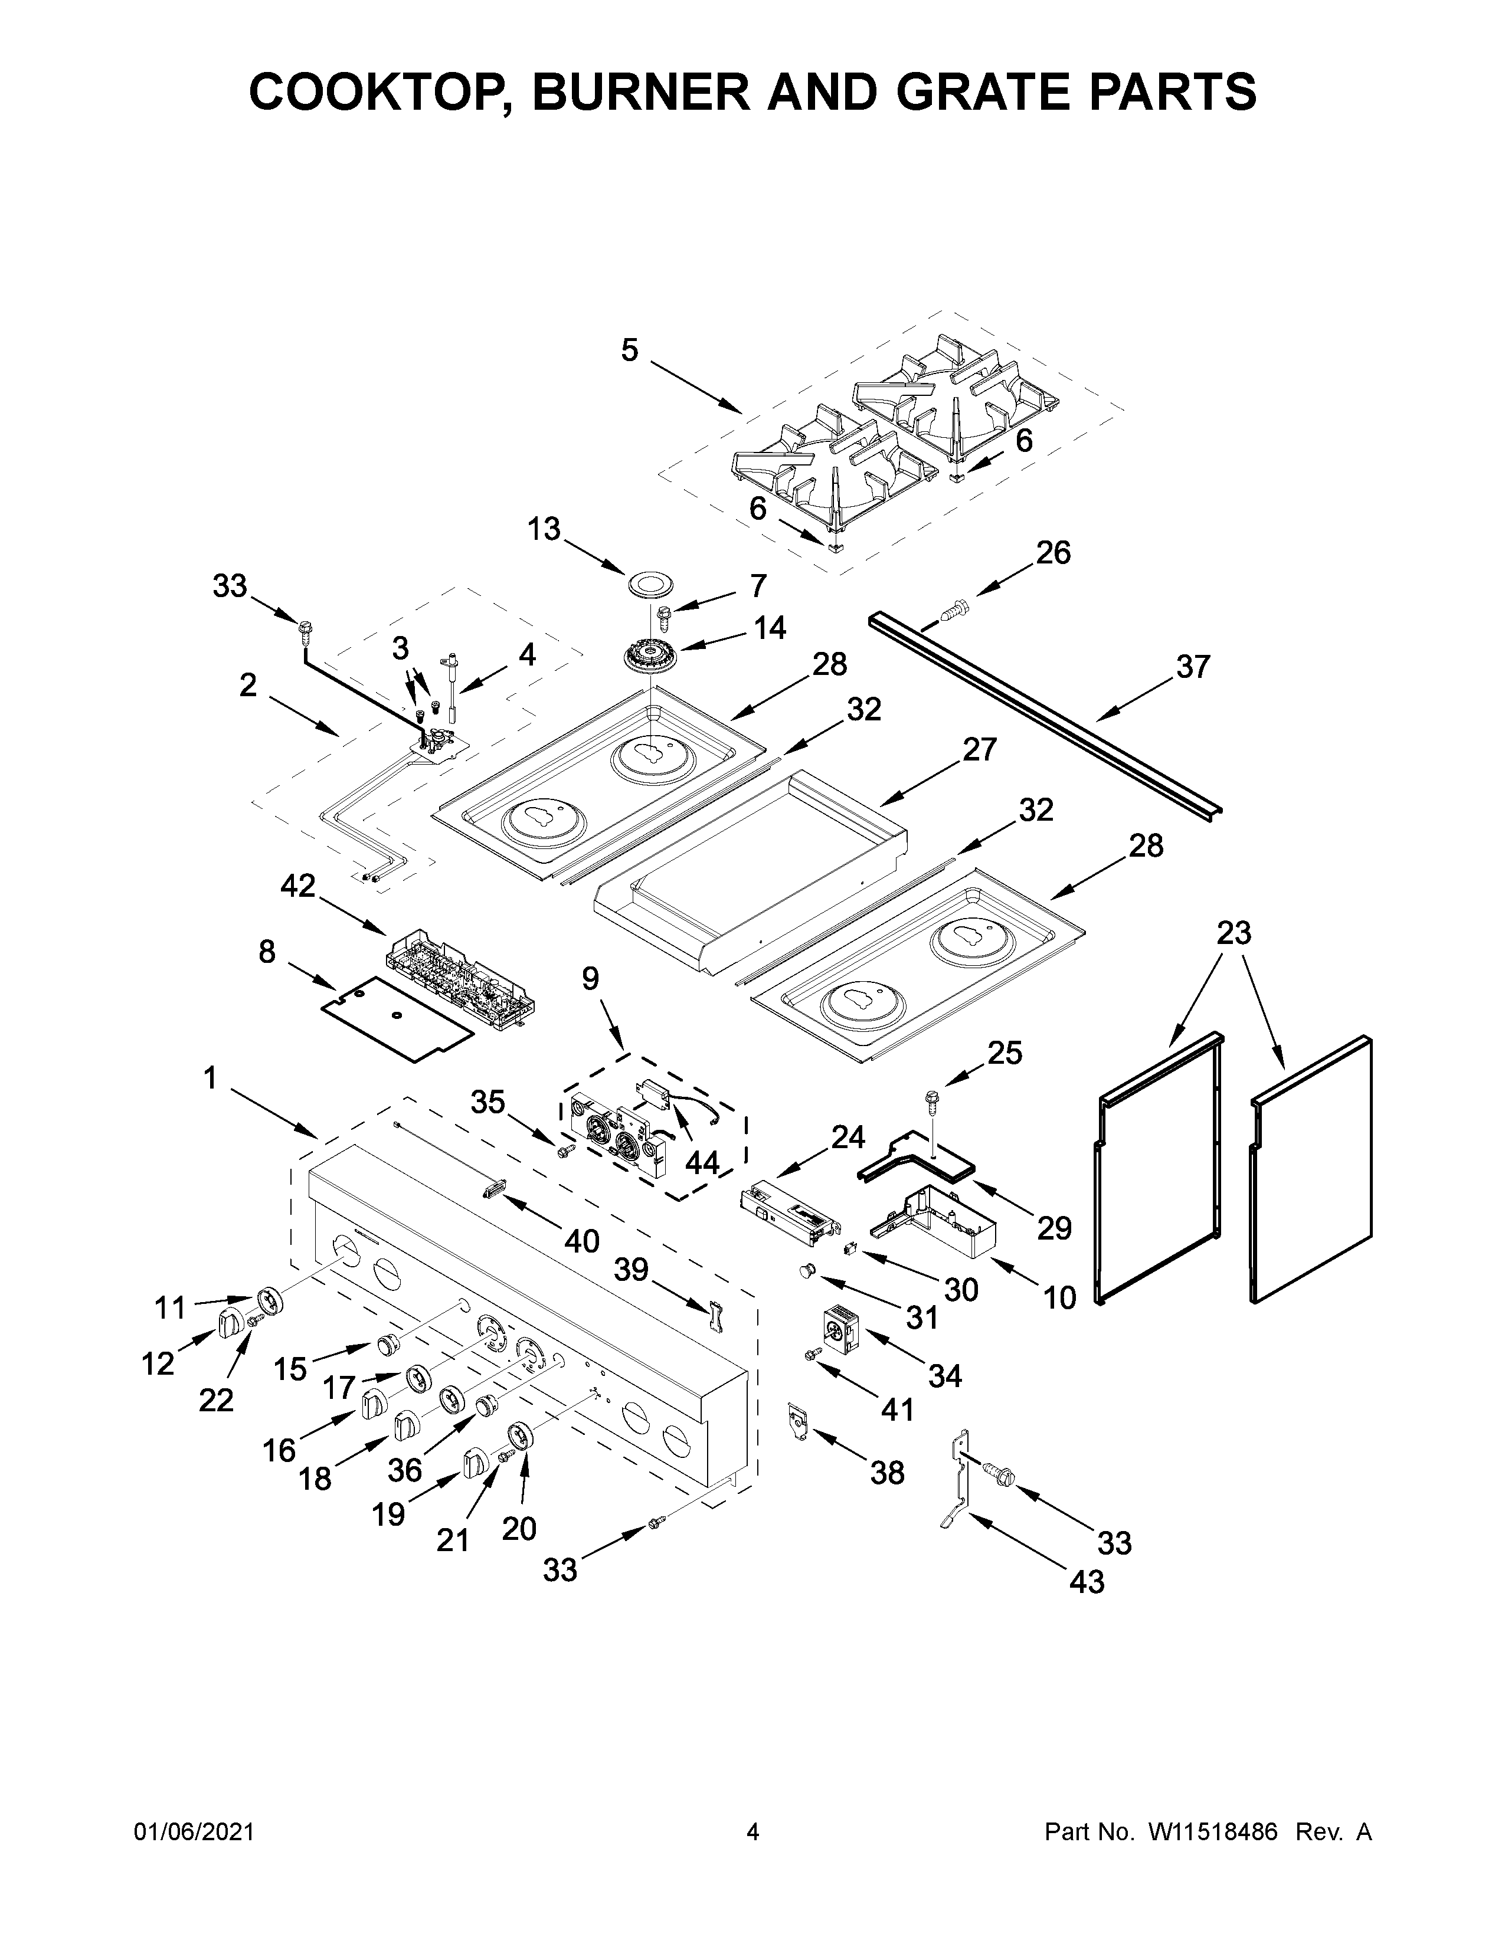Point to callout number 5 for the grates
tap(630, 350)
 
